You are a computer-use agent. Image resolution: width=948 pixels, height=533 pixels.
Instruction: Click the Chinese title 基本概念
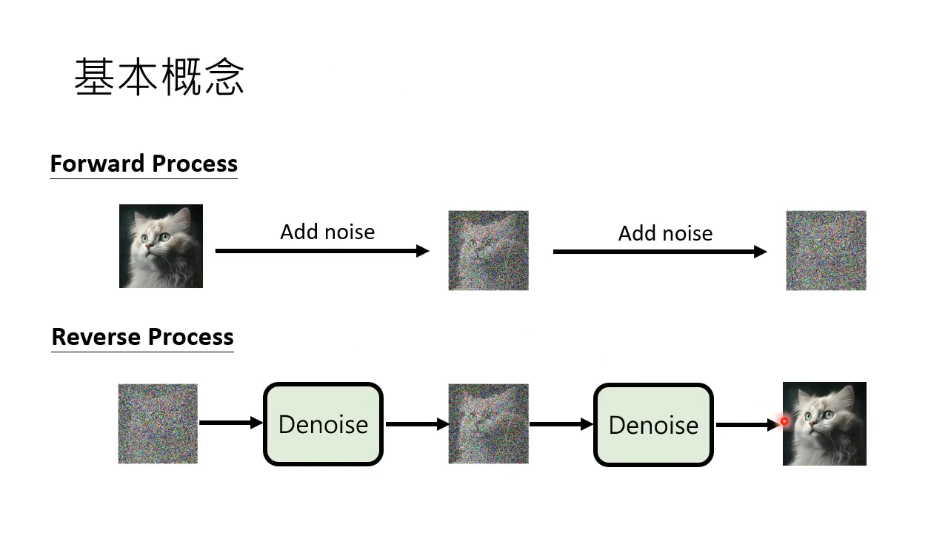click(159, 77)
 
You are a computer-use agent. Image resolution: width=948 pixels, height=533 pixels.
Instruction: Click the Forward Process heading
click(144, 164)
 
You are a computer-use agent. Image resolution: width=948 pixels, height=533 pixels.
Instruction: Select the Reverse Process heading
click(142, 337)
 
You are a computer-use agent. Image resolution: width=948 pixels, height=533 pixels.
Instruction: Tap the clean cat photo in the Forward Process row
click(161, 246)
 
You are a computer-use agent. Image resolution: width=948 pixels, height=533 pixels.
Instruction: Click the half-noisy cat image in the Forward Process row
click(488, 250)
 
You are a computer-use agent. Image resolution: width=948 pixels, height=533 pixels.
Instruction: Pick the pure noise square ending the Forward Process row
click(826, 250)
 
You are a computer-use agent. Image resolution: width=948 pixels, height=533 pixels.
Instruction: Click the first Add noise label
click(327, 232)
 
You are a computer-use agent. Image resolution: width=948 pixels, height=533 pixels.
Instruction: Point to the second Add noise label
click(665, 233)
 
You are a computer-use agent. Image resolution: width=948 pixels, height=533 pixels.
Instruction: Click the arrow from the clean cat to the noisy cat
click(322, 251)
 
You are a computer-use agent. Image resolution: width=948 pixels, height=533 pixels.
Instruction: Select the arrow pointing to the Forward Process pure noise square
click(660, 252)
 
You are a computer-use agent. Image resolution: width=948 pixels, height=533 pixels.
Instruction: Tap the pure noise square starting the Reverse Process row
click(158, 423)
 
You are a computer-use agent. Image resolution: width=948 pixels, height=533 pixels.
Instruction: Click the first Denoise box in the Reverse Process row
click(323, 424)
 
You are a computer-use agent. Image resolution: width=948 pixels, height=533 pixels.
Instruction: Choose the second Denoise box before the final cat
click(653, 425)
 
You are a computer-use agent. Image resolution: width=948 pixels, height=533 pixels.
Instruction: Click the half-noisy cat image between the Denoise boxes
click(488, 423)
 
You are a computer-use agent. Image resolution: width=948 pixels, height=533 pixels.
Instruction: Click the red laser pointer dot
click(784, 421)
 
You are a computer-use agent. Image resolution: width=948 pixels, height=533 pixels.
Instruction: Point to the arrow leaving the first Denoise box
click(417, 424)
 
